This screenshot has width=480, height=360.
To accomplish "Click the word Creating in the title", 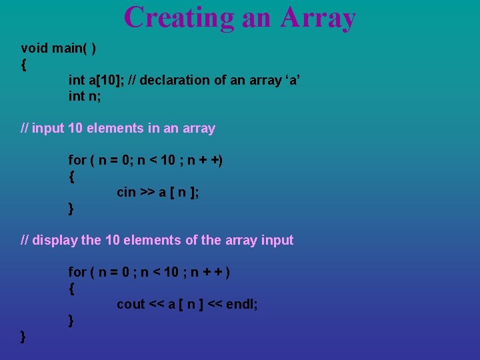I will coord(179,17).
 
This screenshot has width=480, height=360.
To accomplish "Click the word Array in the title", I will coord(318,17).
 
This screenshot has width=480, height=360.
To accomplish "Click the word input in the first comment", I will coord(48,128).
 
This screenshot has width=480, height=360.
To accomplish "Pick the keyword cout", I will coord(131,304).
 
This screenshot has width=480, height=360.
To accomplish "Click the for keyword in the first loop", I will coord(77,160).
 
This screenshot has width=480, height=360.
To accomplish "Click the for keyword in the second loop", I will coord(77,272).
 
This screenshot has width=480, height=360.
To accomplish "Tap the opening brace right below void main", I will coord(24,65).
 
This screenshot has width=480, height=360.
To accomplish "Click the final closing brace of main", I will coord(24,336).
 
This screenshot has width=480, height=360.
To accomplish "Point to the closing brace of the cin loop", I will coord(71,209).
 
